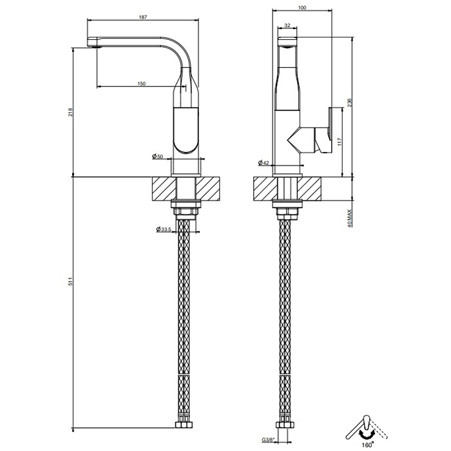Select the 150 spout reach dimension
point(141,83)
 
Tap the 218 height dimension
point(70,111)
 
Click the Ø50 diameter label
point(157,157)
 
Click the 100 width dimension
point(302,7)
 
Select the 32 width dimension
point(287,26)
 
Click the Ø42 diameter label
point(264,162)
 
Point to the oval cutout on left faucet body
point(186,132)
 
